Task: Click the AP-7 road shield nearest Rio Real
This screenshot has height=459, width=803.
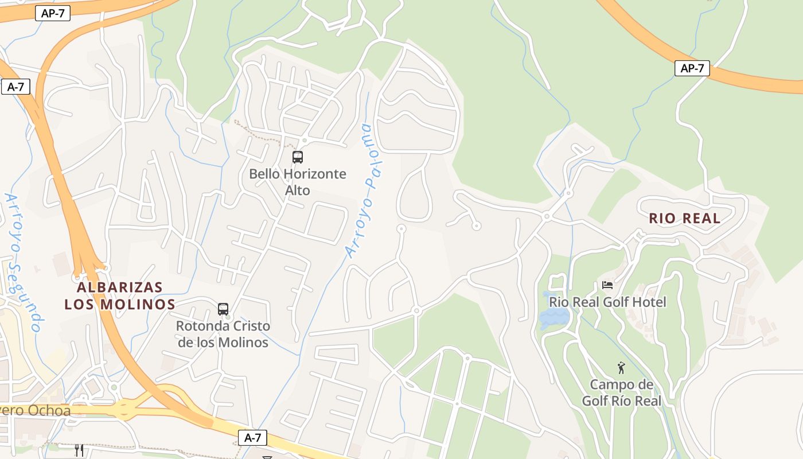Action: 692,68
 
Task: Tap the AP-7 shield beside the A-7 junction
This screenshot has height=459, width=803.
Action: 53,13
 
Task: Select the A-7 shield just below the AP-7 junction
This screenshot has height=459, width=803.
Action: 15,87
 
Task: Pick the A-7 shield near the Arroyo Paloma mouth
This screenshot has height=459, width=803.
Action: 252,438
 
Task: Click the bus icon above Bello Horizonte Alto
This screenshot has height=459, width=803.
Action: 297,157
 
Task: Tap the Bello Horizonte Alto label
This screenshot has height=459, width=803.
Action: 297,182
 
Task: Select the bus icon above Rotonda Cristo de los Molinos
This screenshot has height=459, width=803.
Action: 223,309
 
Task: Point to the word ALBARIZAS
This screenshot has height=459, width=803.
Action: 120,287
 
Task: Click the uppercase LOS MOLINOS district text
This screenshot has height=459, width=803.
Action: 120,304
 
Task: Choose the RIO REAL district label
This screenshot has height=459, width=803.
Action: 684,218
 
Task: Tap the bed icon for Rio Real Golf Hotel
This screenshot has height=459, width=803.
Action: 607,285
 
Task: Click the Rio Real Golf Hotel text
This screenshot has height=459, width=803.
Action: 607,302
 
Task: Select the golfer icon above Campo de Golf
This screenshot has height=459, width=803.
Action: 621,368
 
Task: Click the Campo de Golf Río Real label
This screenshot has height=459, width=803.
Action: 621,392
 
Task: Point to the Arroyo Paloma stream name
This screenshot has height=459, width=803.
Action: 364,190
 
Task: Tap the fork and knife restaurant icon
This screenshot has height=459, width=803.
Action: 79,450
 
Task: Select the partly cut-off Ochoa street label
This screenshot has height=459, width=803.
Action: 34,411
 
